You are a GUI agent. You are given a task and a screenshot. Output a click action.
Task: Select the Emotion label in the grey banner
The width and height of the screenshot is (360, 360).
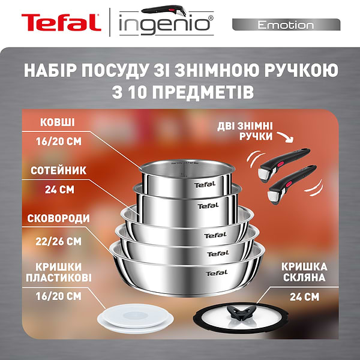pos(286,25)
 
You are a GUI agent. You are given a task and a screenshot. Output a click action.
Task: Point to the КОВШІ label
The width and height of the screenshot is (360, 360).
pos(58,122)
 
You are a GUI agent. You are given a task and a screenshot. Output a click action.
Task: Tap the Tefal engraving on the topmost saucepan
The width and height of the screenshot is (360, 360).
pos(203,185)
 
